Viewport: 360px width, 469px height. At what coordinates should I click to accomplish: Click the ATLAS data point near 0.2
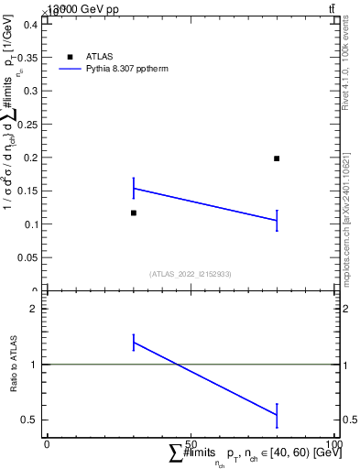(277, 158)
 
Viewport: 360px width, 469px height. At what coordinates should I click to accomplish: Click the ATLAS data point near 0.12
(134, 213)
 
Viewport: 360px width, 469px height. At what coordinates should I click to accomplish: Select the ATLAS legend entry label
(100, 57)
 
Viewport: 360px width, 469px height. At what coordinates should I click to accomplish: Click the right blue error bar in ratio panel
(277, 415)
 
